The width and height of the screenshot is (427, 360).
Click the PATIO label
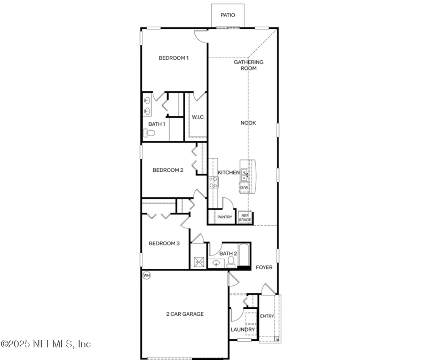[x=228, y=15]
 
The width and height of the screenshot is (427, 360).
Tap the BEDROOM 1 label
[x=173, y=58]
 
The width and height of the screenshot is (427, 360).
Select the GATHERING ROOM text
[x=249, y=65]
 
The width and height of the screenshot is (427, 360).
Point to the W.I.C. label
[x=198, y=117]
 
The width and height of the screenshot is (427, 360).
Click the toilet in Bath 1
[x=149, y=133]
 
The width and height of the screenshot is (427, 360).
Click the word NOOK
[x=248, y=123]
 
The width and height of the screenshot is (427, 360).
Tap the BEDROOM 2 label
[x=168, y=170]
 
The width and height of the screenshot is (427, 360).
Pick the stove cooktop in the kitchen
[x=213, y=182]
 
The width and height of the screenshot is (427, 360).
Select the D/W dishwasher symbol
[x=244, y=188]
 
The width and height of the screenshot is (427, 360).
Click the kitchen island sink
[x=244, y=175]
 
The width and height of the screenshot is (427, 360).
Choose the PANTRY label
[x=225, y=217]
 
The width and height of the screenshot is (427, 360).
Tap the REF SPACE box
[x=245, y=218]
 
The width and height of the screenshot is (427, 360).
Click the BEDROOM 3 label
[x=164, y=243]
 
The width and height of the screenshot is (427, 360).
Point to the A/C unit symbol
[x=199, y=262]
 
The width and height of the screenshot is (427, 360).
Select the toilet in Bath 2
[x=231, y=262]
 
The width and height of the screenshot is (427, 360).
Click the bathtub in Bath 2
[x=243, y=255]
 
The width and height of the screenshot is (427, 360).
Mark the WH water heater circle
[x=146, y=275]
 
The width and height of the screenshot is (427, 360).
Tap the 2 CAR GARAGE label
[x=185, y=314]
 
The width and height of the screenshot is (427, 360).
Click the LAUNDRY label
[x=243, y=330]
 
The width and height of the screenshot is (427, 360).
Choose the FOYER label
[x=264, y=268]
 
